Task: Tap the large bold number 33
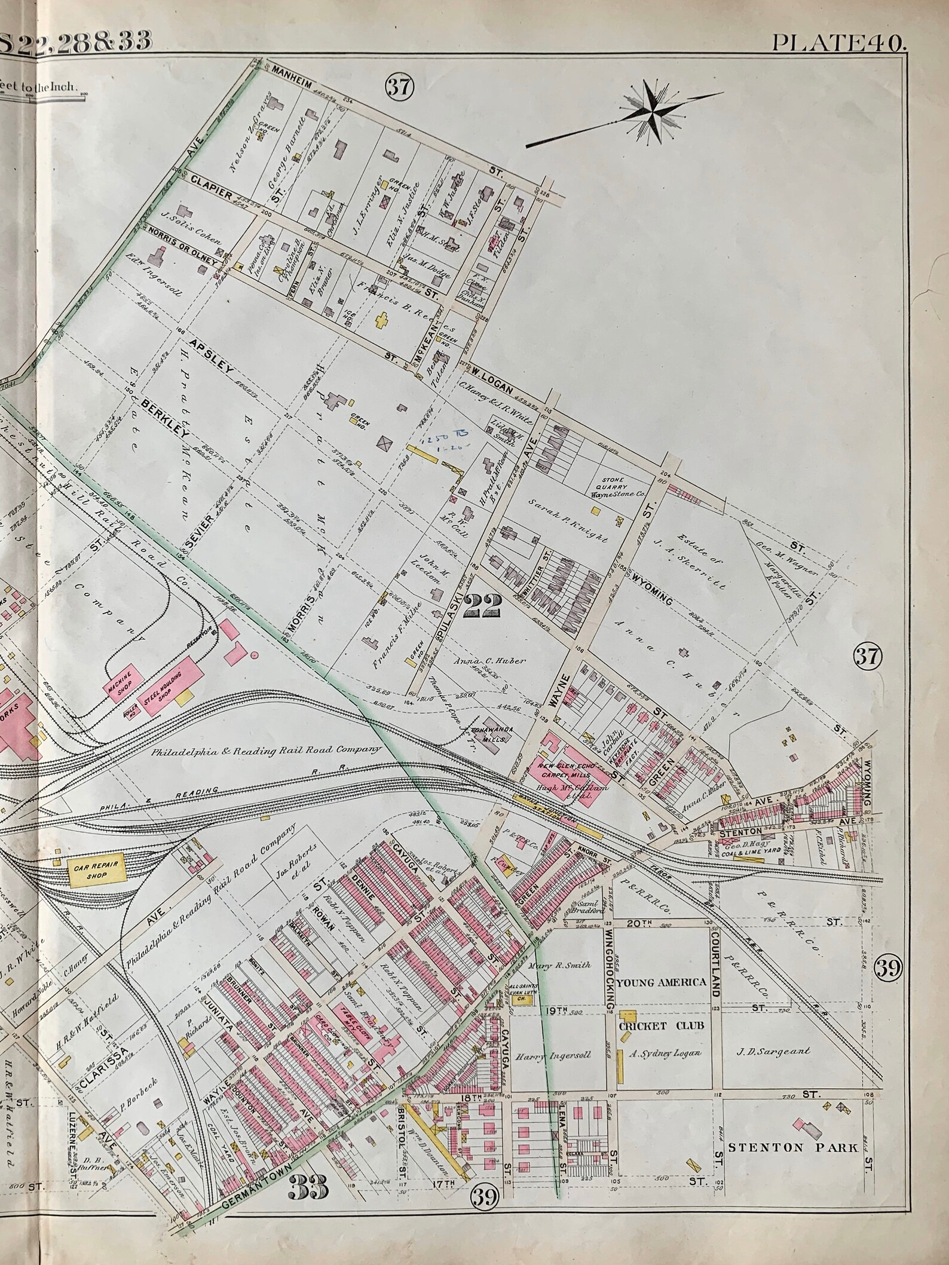(310, 1170)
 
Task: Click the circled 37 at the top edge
(399, 88)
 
